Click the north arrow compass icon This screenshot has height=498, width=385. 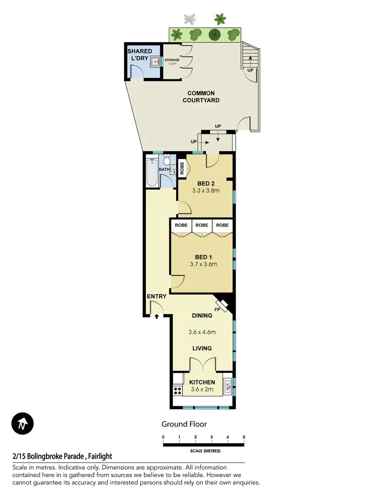pos(22,424)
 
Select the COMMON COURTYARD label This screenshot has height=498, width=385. pos(201,96)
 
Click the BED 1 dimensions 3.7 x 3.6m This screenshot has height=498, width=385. pos(202,265)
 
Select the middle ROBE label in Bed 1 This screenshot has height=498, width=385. pos(202,225)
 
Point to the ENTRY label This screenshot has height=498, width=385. pos(156,296)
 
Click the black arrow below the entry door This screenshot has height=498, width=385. pos(157,317)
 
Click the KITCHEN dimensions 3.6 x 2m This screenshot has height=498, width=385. pos(202,390)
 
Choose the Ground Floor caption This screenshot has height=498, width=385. pos(184,424)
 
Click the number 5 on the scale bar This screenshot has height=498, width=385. pos(244,437)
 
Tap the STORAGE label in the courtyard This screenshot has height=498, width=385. pos(172,61)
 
